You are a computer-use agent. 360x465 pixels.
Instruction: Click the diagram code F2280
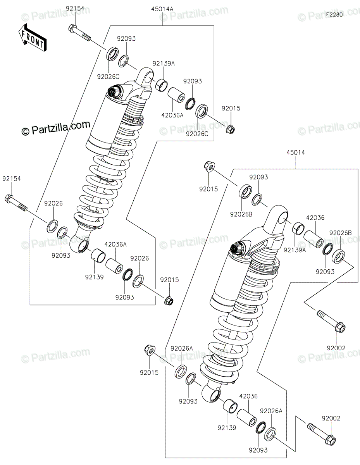click(334, 15)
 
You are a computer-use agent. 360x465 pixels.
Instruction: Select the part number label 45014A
click(162, 9)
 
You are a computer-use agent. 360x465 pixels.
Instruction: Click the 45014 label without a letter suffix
click(296, 152)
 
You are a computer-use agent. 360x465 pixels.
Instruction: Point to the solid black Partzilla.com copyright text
click(56, 129)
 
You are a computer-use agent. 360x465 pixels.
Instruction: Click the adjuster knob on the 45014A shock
click(113, 91)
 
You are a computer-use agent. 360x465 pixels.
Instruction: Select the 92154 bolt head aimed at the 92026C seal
click(72, 28)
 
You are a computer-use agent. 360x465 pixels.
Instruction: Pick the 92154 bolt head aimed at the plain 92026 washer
click(8, 198)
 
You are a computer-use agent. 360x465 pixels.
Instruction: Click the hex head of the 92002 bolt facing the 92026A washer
click(331, 440)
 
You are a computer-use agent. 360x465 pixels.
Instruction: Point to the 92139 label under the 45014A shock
click(94, 277)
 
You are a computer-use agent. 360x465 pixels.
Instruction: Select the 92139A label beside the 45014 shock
click(295, 250)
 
